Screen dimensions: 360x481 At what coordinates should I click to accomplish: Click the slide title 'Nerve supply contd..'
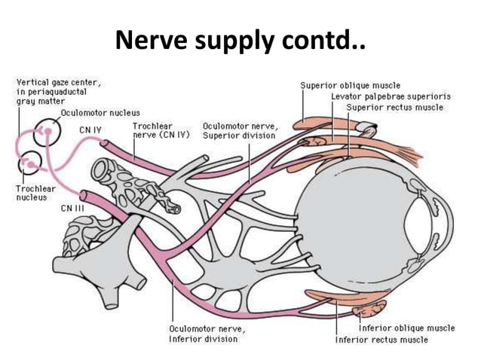240,41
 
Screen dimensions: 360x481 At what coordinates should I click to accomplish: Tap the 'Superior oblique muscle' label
351,85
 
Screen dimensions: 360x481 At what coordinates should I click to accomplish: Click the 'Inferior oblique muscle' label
406,328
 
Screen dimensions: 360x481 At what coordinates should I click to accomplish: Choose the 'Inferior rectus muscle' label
381,340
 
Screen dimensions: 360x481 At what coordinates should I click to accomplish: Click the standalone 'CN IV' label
90,130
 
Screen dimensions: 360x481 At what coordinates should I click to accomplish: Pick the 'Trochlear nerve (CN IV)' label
161,130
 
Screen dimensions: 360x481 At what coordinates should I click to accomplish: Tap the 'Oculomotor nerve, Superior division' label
239,130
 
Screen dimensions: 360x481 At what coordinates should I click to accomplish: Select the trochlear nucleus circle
31,161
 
